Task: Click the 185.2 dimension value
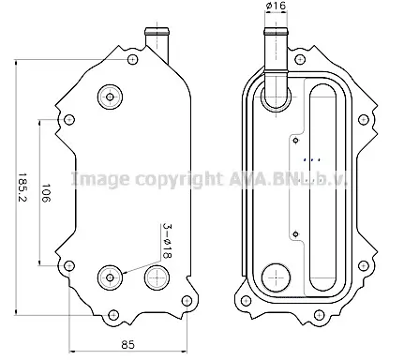click(x=22, y=187)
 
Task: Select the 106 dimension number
click(x=46, y=193)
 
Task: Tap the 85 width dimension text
click(x=127, y=345)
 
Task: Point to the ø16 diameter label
click(x=276, y=6)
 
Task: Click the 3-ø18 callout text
click(x=168, y=241)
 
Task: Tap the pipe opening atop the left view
click(x=157, y=31)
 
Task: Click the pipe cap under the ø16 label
click(x=276, y=31)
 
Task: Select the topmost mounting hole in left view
click(x=133, y=59)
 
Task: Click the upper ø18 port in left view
click(x=110, y=97)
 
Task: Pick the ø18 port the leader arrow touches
click(x=110, y=277)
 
